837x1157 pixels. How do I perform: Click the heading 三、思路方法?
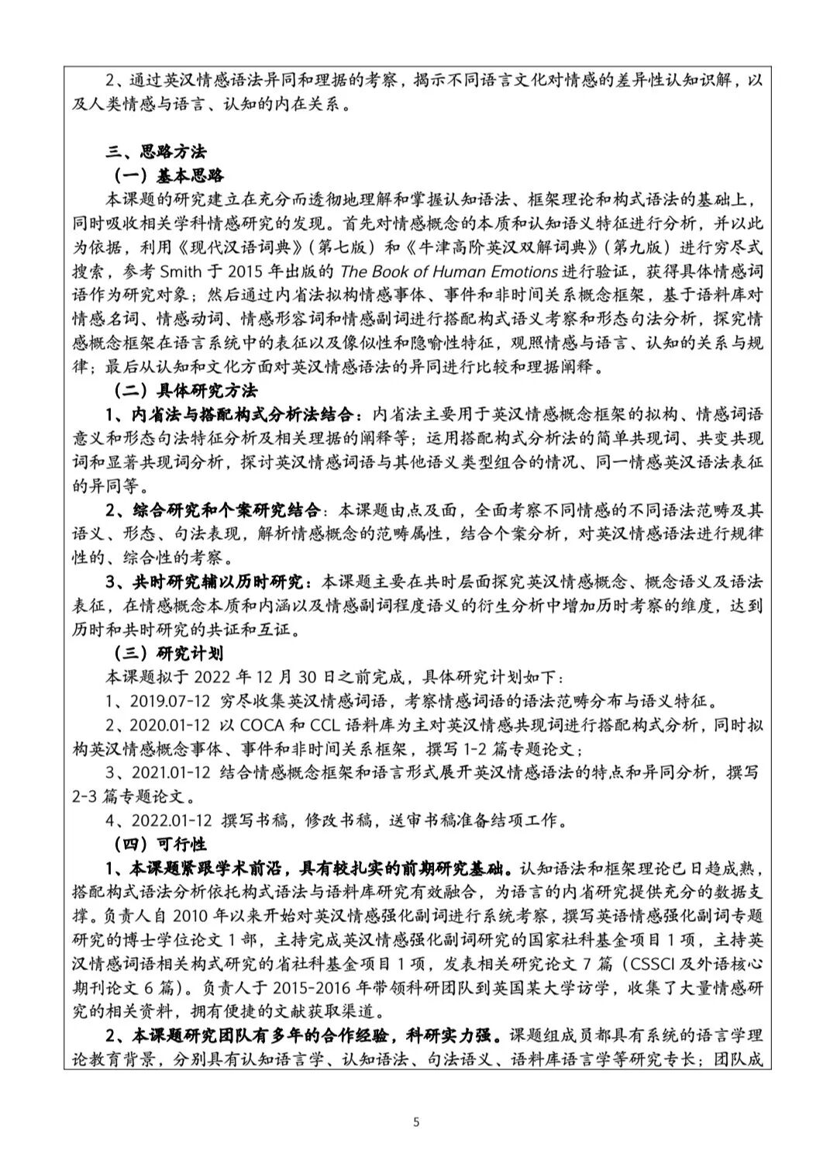point(156,151)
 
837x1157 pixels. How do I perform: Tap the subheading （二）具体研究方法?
point(185,390)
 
